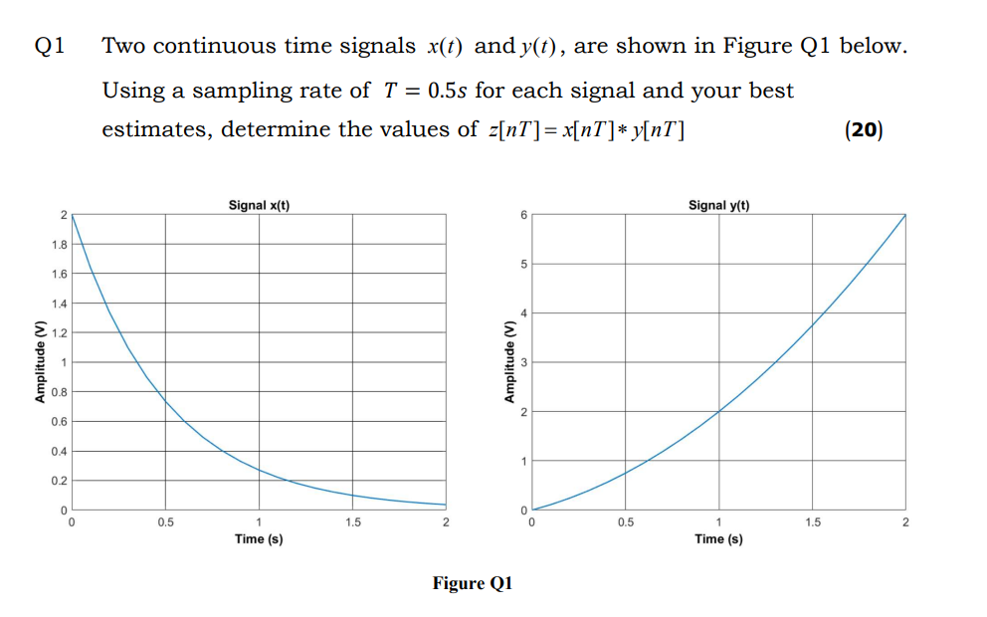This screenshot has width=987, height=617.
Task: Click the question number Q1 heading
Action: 50,46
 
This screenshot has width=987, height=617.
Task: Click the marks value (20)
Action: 863,129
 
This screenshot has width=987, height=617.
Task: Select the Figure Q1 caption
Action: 472,583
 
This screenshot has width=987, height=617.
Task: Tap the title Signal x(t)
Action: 259,205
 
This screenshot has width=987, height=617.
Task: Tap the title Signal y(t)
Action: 718,205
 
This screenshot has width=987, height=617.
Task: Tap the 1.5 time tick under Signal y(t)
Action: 812,523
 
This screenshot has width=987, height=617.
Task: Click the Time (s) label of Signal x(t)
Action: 259,538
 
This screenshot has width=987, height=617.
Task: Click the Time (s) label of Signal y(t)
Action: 718,538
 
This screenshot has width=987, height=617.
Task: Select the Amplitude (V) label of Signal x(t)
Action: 41,362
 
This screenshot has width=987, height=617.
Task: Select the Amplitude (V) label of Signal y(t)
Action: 509,362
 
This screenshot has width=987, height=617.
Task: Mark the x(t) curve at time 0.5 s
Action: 165,402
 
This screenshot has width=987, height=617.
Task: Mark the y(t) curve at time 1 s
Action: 718,411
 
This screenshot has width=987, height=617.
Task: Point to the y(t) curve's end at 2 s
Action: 904,215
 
